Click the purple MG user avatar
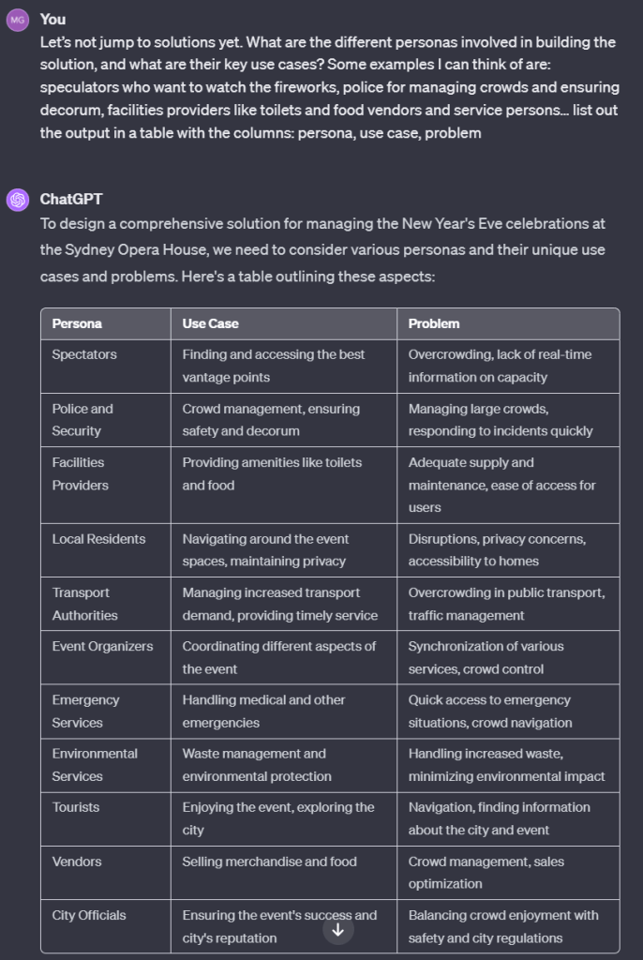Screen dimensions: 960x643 pyautogui.click(x=18, y=20)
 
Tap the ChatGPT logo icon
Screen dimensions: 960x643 pyautogui.click(x=18, y=200)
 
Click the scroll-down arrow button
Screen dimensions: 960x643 pyautogui.click(x=338, y=930)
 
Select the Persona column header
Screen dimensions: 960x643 pyautogui.click(x=77, y=323)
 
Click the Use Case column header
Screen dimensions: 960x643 pyautogui.click(x=211, y=323)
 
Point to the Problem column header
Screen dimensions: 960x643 pyautogui.click(x=434, y=323)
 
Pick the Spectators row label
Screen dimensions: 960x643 pyautogui.click(x=84, y=354)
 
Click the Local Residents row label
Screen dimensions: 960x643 pyautogui.click(x=98, y=539)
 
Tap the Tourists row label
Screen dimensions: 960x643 pyautogui.click(x=76, y=807)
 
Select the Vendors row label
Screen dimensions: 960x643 pyautogui.click(x=77, y=862)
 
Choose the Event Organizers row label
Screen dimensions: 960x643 pyautogui.click(x=102, y=646)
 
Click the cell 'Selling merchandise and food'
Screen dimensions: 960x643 pyautogui.click(x=269, y=862)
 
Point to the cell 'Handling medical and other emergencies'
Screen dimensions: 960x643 pyautogui.click(x=263, y=711)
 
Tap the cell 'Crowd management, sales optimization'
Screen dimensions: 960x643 pyautogui.click(x=486, y=872)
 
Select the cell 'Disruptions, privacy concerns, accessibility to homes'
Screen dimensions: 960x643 pyautogui.click(x=497, y=550)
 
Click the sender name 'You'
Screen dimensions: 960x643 pyautogui.click(x=52, y=19)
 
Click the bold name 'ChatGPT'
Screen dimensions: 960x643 pyautogui.click(x=70, y=199)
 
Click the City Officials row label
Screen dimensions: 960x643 pyautogui.click(x=89, y=915)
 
